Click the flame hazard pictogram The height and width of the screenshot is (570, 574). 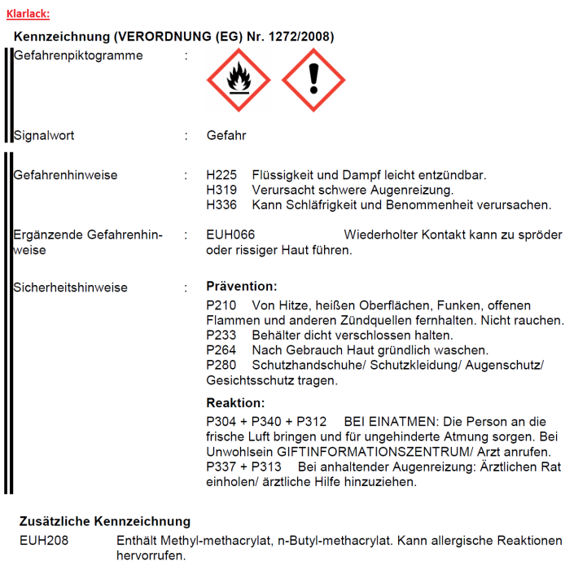click(x=238, y=80)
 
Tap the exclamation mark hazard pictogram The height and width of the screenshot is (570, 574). click(x=313, y=80)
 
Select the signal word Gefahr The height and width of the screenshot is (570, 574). click(x=226, y=135)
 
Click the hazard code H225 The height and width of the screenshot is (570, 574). click(x=222, y=175)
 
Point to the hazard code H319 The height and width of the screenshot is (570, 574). click(x=222, y=190)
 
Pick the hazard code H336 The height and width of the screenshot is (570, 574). click(x=222, y=204)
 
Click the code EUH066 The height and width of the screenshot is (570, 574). click(x=231, y=235)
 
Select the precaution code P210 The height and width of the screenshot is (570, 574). click(x=221, y=305)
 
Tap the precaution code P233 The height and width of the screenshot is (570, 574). click(x=221, y=335)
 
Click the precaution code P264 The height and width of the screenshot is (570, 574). click(x=221, y=350)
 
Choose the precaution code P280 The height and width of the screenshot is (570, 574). click(x=221, y=365)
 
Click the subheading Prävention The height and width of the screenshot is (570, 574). click(x=242, y=287)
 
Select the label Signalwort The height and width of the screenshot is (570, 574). click(x=44, y=135)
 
